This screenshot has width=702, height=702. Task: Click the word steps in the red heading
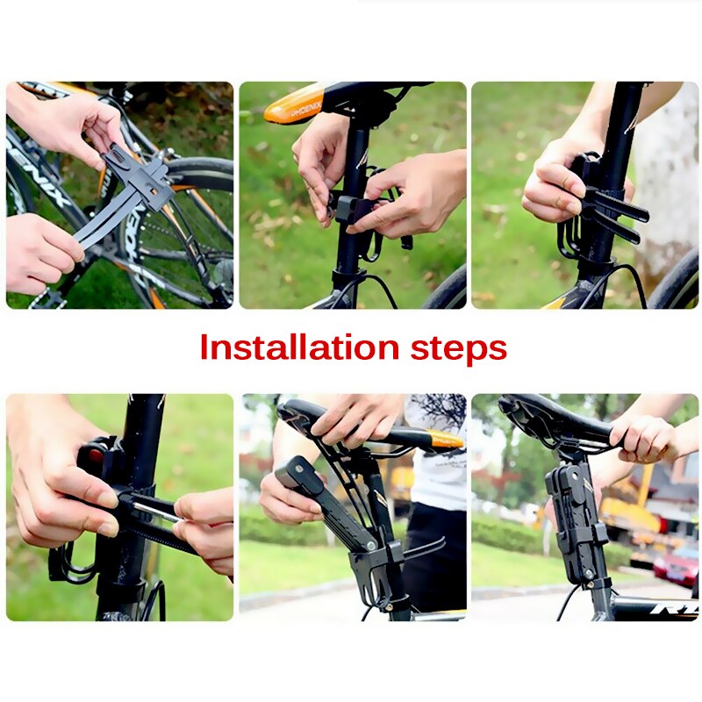(x=459, y=349)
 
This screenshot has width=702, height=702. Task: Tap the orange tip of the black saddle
(x=446, y=439)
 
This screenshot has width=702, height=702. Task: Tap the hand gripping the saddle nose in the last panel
(x=645, y=436)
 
